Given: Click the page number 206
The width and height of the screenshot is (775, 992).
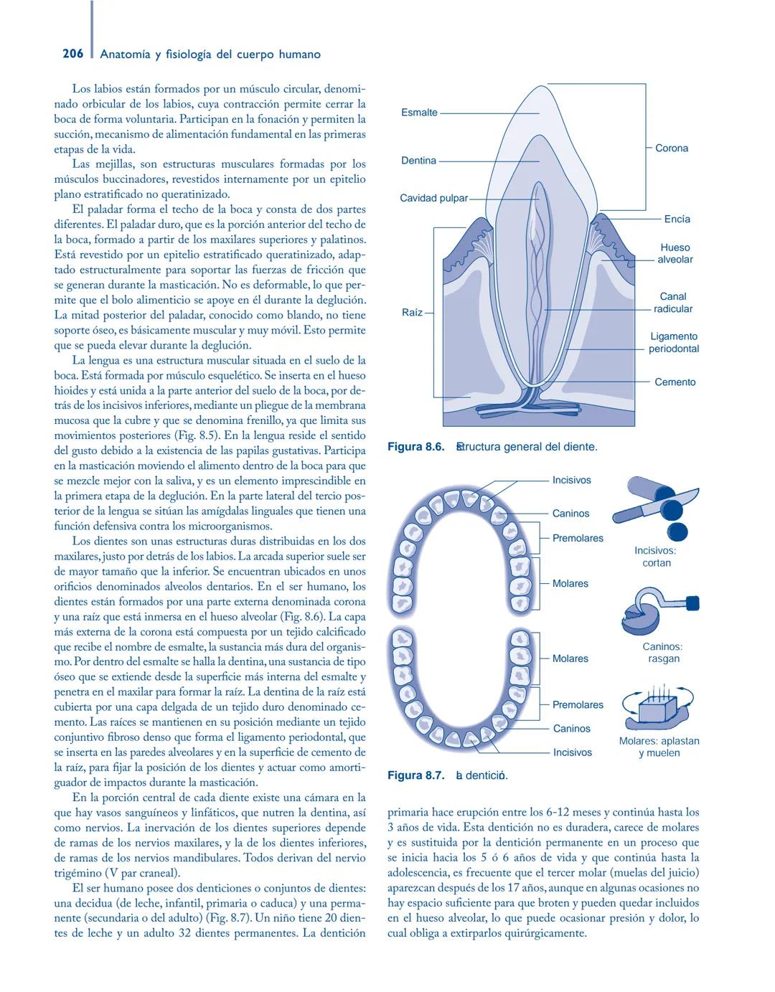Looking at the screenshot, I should coord(72,54).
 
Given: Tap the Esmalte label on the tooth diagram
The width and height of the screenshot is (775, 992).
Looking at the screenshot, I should coord(419,113).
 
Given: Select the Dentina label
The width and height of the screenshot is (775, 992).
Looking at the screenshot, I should coord(418,161).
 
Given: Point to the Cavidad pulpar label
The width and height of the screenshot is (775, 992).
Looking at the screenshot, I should coord(433,198).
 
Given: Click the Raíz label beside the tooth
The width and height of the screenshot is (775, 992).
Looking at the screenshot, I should coord(412,313).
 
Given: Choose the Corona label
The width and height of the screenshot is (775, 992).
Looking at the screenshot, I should coord(671,148).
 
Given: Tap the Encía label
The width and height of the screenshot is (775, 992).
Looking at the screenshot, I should coord(677,219).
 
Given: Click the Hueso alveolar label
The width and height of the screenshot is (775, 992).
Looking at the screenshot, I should coord(675,253).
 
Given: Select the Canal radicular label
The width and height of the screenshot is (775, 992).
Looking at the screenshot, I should coord(673,303).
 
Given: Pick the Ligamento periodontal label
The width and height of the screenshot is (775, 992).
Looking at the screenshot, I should coord(674,343).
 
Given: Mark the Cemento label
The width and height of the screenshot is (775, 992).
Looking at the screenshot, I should coord(675,382).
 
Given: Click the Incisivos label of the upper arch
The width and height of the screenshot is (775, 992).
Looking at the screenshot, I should coord(571,480).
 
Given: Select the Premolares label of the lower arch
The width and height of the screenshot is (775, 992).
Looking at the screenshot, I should coord(578,705).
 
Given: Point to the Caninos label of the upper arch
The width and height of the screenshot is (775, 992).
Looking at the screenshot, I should coord(570,514).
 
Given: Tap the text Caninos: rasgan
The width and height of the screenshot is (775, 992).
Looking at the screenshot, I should coord(662,653).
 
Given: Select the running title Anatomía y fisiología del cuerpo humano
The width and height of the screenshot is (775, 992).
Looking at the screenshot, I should coord(211,55).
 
